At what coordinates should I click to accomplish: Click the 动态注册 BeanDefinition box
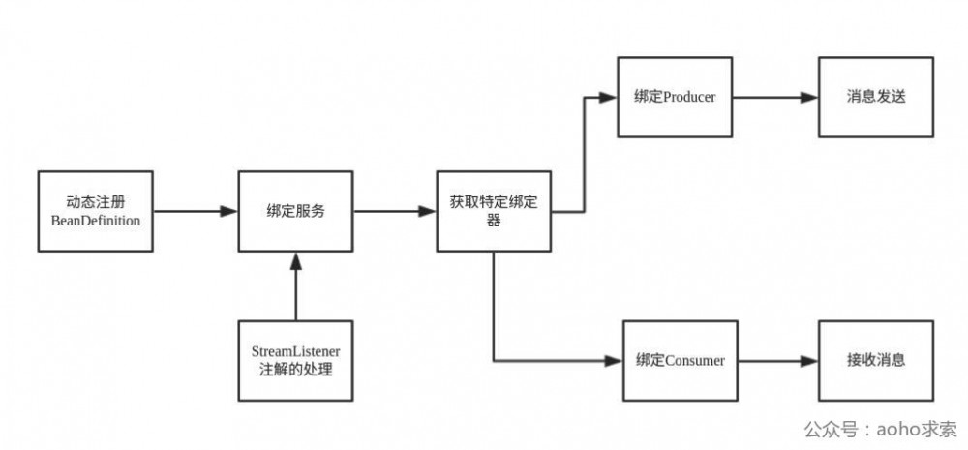coord(95,211)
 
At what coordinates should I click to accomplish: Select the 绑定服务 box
coord(294,211)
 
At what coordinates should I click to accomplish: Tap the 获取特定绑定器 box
coord(494,212)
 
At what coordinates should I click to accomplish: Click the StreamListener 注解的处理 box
coord(296,360)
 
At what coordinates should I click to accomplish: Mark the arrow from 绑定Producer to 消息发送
coord(774,97)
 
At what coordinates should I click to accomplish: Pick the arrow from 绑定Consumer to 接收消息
coord(774,361)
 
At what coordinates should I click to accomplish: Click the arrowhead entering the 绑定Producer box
coord(610,97)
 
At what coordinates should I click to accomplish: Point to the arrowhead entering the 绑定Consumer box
coord(612,361)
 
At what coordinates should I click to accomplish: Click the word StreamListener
coord(296,350)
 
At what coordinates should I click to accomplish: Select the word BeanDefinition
coord(95,221)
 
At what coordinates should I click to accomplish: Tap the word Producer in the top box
coord(689,97)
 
